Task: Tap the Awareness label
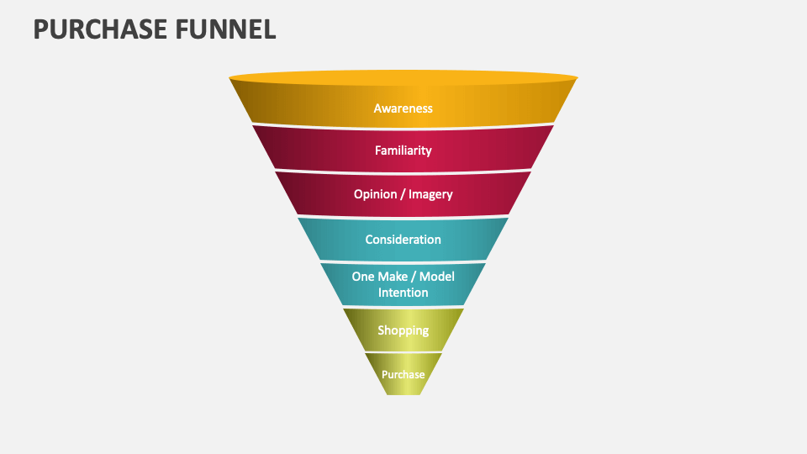(x=403, y=108)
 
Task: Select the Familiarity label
(x=403, y=150)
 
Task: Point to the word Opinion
(x=374, y=194)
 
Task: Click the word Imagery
(x=430, y=194)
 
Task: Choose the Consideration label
(x=403, y=240)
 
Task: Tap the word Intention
(x=403, y=293)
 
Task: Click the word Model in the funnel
(x=436, y=277)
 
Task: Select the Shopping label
(x=403, y=330)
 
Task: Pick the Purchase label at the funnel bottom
(x=403, y=374)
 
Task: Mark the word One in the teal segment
(x=362, y=277)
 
